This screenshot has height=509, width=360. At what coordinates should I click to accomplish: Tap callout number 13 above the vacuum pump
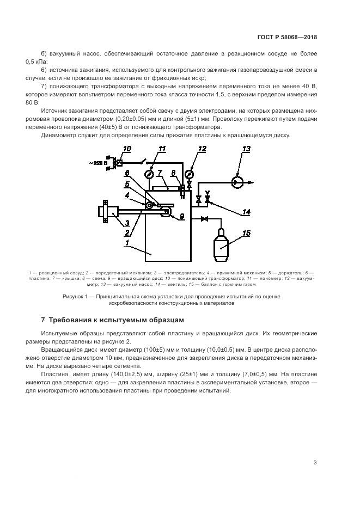click(x=246, y=149)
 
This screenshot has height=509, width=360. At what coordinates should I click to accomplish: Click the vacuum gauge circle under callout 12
click(x=189, y=174)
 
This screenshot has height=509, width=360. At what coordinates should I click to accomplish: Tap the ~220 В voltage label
click(x=100, y=163)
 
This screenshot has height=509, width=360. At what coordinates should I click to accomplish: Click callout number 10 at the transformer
click(x=127, y=149)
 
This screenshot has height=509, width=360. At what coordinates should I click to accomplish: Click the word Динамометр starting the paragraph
click(x=59, y=135)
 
